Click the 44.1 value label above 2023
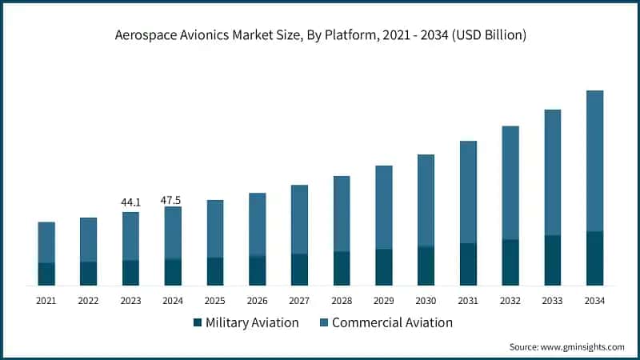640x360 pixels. [130, 202]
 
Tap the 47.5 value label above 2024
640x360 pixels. [171, 200]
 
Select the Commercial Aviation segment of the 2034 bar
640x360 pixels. [595, 161]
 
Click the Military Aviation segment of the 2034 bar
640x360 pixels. [595, 258]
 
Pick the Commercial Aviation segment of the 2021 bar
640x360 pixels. [46, 242]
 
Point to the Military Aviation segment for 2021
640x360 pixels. [46, 274]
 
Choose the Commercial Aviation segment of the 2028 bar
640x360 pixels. [342, 214]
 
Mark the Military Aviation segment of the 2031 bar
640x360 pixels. [468, 264]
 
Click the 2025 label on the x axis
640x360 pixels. [214, 301]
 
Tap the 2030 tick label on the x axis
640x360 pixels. [426, 301]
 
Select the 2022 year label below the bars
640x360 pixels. [88, 301]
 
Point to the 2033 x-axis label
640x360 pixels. [552, 301]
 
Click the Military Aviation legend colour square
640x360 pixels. [197, 323]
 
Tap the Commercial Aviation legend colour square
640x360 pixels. [323, 323]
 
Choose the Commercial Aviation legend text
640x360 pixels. [392, 323]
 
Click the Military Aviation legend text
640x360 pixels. [252, 323]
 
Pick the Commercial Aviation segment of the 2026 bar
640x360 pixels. [257, 224]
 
